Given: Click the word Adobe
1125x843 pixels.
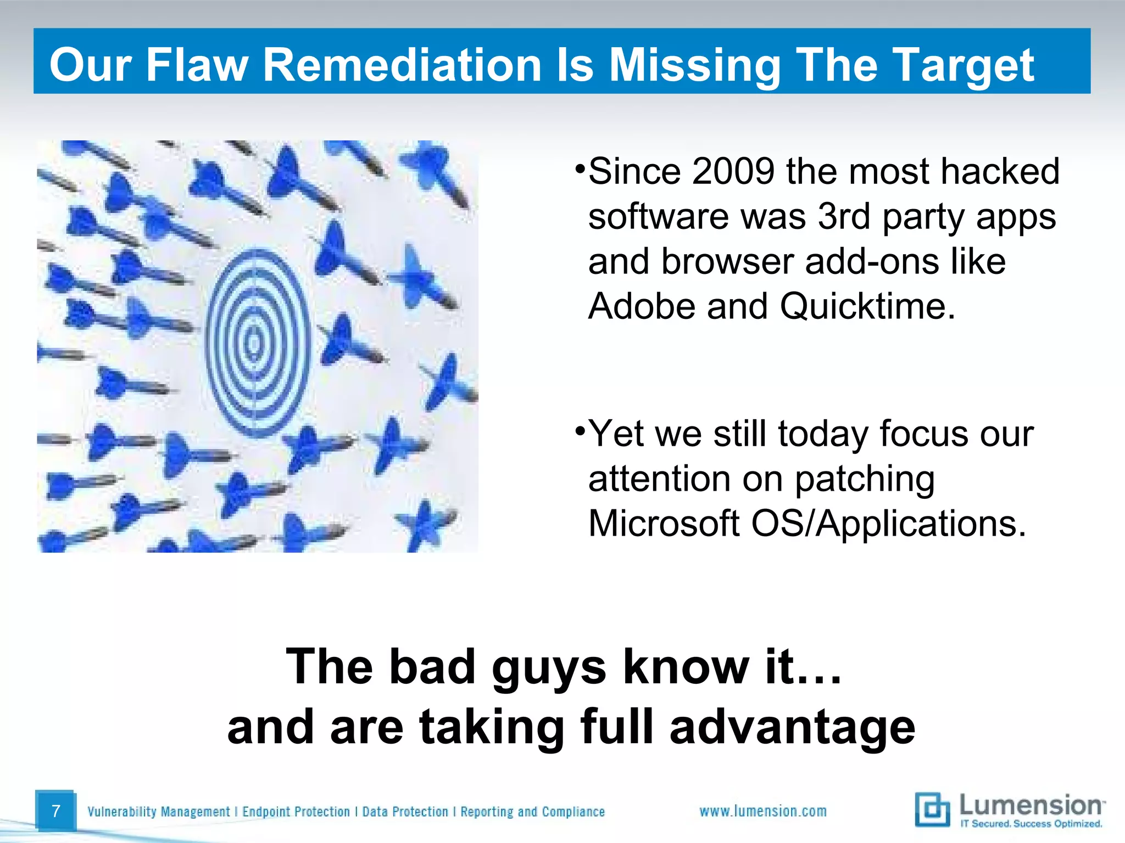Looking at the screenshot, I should click(642, 306).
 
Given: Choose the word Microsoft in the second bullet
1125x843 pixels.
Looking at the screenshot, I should click(664, 523).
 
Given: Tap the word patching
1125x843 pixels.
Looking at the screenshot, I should click(865, 479).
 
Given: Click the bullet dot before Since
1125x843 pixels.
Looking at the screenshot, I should click(580, 167).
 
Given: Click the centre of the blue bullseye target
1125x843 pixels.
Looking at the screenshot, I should click(254, 344).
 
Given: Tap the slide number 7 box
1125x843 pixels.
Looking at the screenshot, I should click(55, 811).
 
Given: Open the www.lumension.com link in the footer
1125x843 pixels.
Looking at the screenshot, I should click(762, 811).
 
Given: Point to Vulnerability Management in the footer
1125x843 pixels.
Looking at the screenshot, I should click(158, 812).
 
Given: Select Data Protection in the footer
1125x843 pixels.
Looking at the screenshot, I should click(405, 812).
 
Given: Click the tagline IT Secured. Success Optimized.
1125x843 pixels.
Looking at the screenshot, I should click(1031, 824).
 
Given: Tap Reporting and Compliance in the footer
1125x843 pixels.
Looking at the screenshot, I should click(532, 812).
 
